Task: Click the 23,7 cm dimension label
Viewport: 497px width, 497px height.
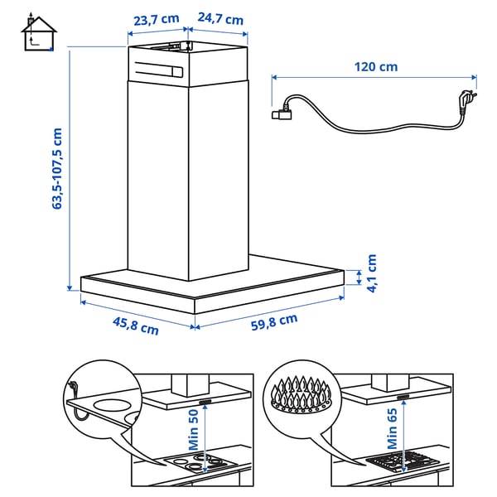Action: click(x=155, y=18)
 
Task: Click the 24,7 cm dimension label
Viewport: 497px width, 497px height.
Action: click(x=220, y=18)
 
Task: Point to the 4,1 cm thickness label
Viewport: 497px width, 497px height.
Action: click(x=374, y=273)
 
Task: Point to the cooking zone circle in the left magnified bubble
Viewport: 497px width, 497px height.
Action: click(x=111, y=407)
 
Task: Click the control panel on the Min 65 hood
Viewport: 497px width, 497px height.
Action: click(x=406, y=398)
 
